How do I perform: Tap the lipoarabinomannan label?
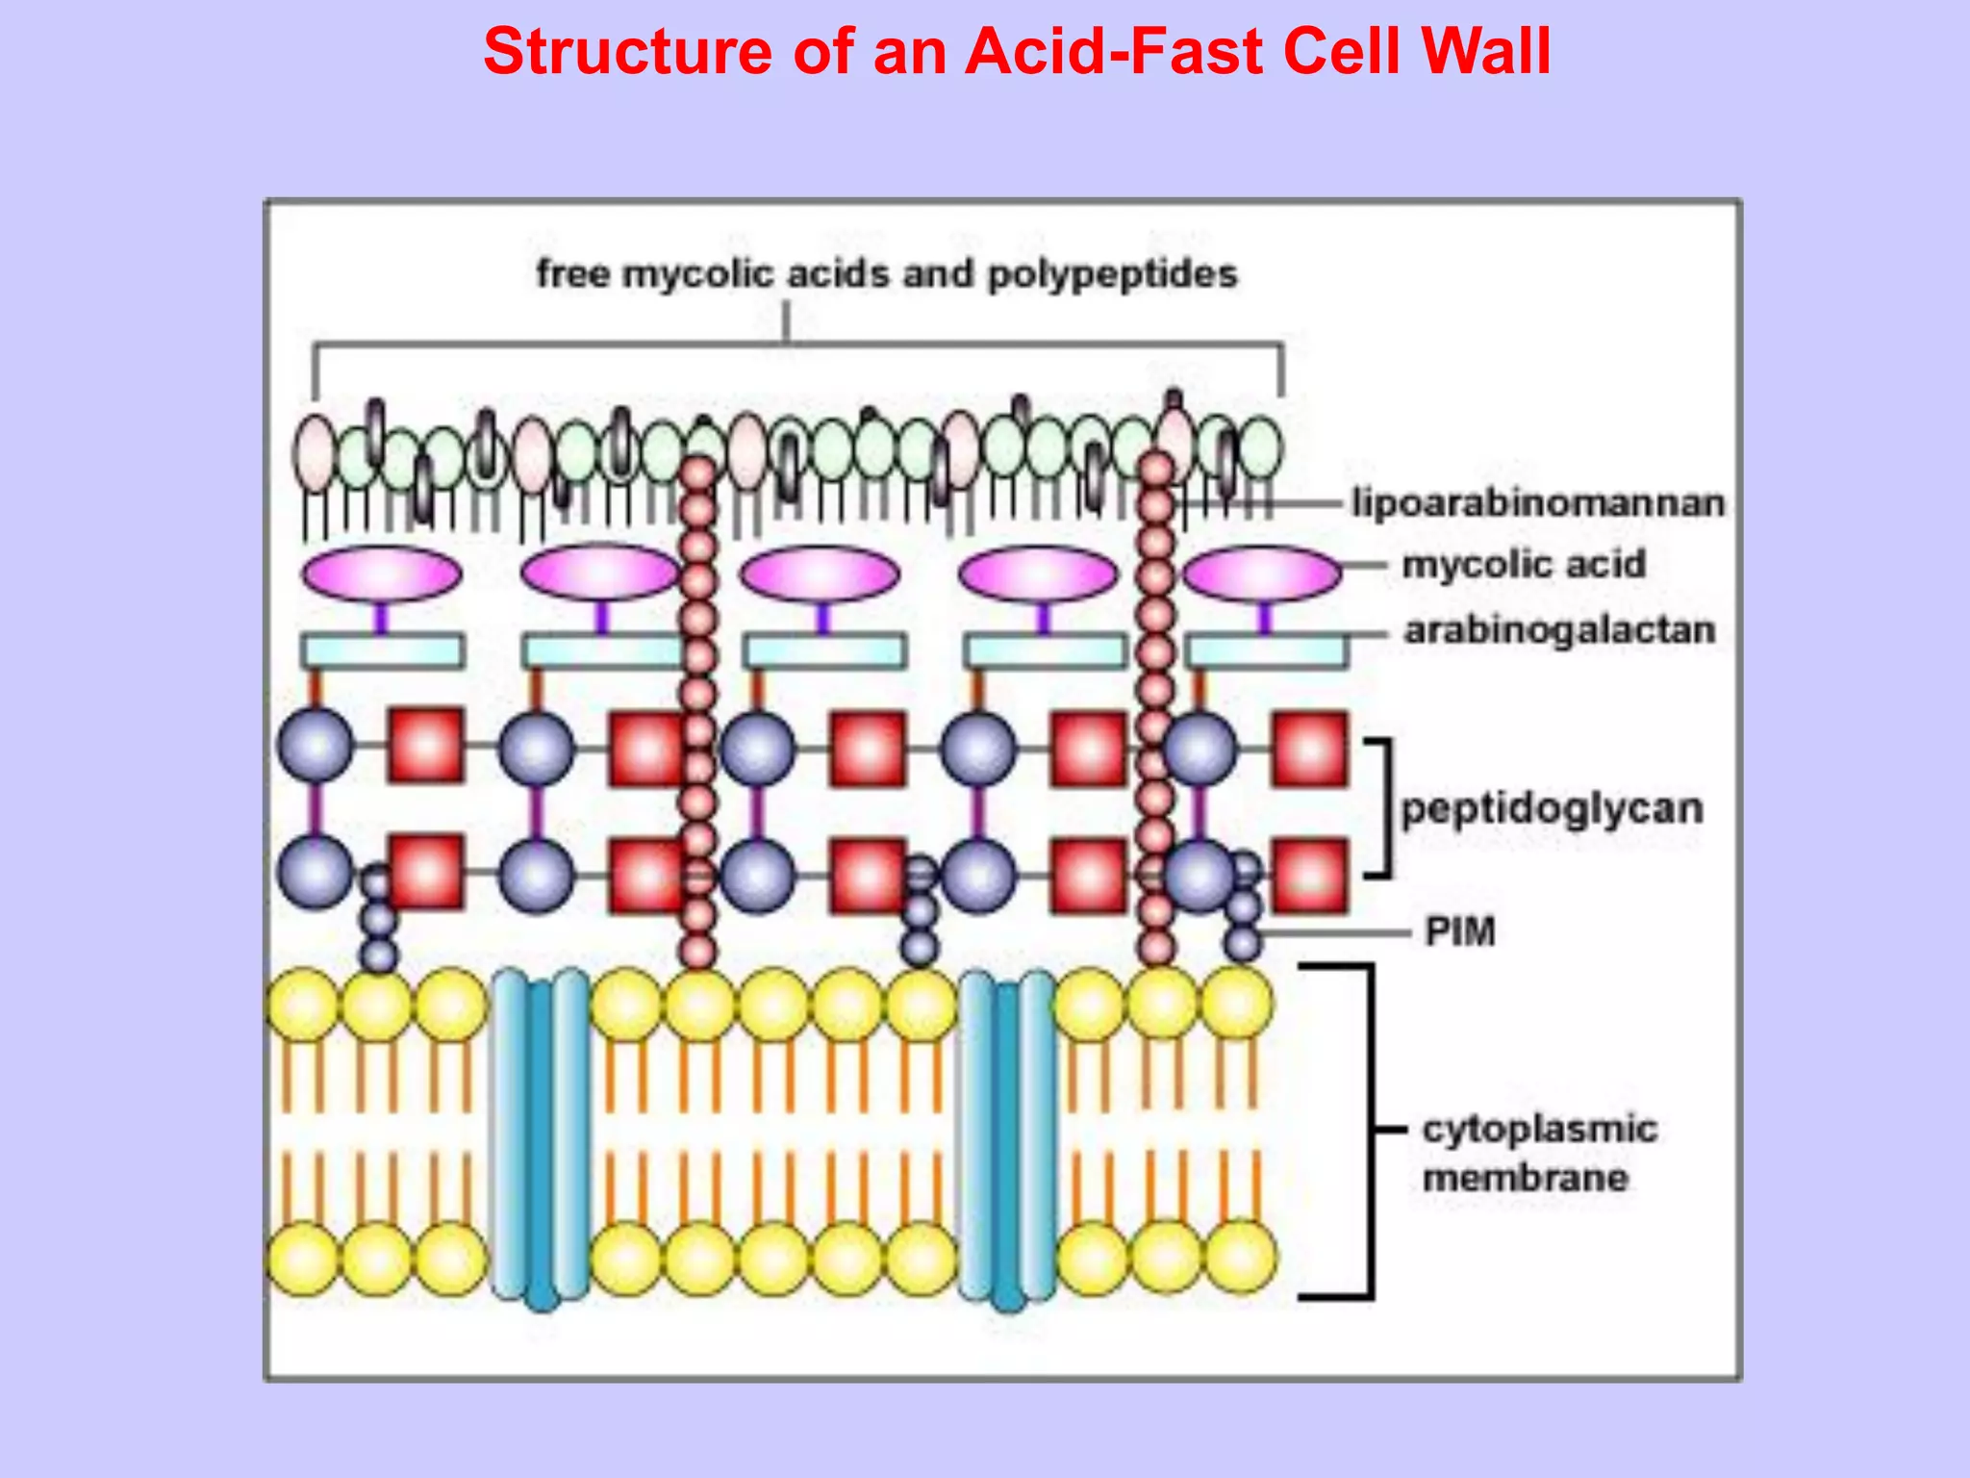(x=1537, y=503)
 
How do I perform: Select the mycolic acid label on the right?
(x=1524, y=565)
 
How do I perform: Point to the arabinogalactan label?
(x=1559, y=630)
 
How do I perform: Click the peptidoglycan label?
(x=1552, y=808)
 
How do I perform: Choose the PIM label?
(x=1460, y=931)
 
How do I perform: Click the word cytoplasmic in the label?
(x=1539, y=1129)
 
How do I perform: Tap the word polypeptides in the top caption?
(x=1113, y=274)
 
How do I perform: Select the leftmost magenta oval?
(x=381, y=573)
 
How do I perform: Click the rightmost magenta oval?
(x=1261, y=573)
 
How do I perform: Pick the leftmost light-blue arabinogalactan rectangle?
(x=383, y=651)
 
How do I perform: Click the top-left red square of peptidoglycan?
(x=425, y=746)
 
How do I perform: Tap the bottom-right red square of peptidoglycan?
(x=1309, y=876)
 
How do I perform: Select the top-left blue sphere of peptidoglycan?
(x=316, y=746)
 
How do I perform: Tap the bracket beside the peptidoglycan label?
(x=1383, y=808)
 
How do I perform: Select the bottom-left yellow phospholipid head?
(x=304, y=1259)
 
